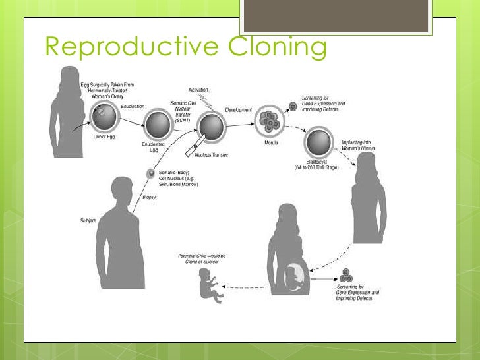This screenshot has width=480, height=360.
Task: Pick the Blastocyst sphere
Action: click(x=318, y=144)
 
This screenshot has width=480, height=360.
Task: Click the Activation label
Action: click(x=200, y=89)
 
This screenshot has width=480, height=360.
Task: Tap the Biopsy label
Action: click(x=150, y=196)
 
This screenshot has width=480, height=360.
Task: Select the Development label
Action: click(x=239, y=109)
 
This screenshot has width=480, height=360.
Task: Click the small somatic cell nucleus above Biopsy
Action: click(x=151, y=175)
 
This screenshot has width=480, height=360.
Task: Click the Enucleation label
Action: click(x=133, y=106)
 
